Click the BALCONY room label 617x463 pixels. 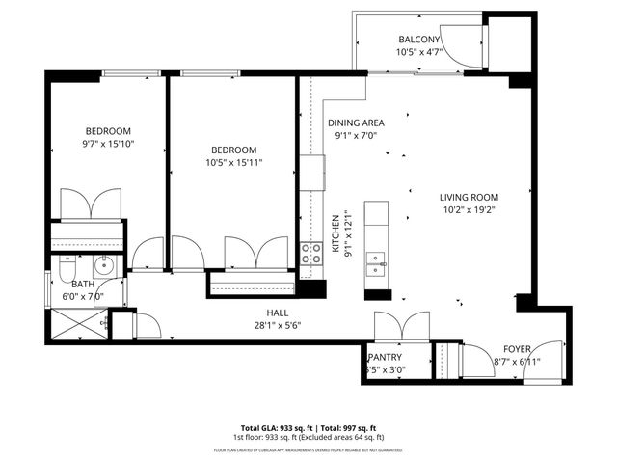(x=420, y=40)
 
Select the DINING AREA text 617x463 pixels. (x=357, y=123)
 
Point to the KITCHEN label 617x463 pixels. (x=335, y=232)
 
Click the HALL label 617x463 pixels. (x=279, y=313)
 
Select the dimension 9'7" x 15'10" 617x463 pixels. (x=108, y=144)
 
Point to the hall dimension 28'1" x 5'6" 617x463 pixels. (x=279, y=325)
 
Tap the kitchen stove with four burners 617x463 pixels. (x=311, y=254)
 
